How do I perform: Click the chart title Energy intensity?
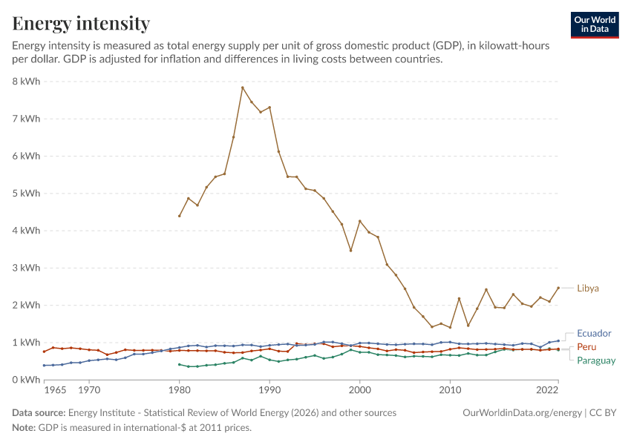[81, 23]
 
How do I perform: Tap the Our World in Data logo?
[595, 25]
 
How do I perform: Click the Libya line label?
[587, 289]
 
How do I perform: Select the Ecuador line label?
[594, 333]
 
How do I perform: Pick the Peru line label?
[586, 347]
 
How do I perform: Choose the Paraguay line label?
[596, 360]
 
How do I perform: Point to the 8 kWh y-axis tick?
[27, 82]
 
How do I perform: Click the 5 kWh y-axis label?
[27, 194]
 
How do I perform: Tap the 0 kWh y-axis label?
[27, 380]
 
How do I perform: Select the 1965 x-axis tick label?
[55, 390]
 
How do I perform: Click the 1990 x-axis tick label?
[269, 390]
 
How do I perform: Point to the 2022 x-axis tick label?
[547, 390]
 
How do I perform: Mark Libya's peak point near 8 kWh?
[242, 88]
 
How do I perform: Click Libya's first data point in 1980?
[180, 216]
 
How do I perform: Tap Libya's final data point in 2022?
[558, 288]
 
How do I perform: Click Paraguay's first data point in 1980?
[180, 365]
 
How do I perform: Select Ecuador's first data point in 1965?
[45, 366]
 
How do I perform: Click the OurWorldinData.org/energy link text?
[522, 413]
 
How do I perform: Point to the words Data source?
[39, 413]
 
